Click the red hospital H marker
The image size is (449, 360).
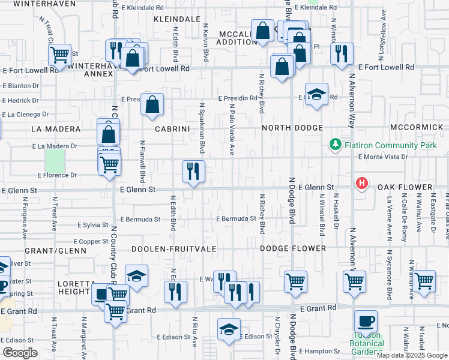click(361, 183)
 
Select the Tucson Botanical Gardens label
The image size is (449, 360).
click(366, 347)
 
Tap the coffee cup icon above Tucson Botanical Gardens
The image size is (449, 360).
click(366, 321)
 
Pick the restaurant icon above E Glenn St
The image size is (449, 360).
click(193, 172)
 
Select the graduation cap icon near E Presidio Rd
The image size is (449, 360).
click(316, 94)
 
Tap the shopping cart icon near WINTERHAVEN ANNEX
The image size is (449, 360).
click(59, 55)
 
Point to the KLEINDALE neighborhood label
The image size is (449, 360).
click(176, 19)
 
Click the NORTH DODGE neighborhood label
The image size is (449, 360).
click(292, 128)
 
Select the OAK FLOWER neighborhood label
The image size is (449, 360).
click(405, 188)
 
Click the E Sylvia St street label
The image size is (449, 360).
click(92, 224)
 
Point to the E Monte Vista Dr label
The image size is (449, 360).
click(382, 157)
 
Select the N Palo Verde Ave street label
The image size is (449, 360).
click(232, 129)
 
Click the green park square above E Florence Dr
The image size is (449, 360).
click(55, 160)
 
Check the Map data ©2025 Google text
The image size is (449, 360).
click(411, 355)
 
